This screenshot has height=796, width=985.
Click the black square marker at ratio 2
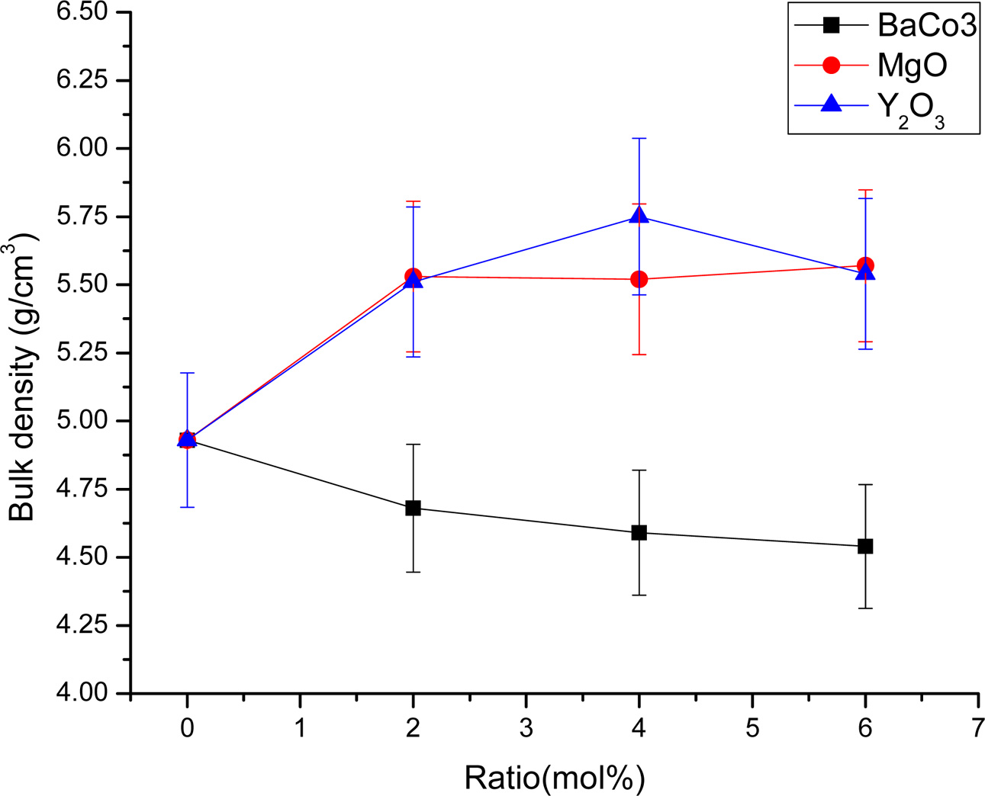click(x=413, y=508)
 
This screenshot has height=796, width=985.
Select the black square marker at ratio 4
click(x=639, y=532)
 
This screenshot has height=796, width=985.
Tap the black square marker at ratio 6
click(x=865, y=546)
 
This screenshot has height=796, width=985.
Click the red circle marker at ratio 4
click(x=639, y=280)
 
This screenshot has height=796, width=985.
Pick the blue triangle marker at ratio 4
click(x=639, y=216)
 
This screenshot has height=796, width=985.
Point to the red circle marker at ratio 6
click(x=865, y=265)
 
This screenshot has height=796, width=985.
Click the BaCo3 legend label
click(x=926, y=26)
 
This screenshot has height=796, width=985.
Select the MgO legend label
click(x=913, y=66)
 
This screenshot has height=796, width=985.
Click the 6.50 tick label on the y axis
click(x=85, y=13)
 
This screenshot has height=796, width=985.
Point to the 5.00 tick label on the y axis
click(x=85, y=421)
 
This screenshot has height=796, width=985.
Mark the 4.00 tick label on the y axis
click(x=85, y=693)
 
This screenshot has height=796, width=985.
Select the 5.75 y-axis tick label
click(x=85, y=217)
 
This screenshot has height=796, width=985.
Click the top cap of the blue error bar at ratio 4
click(x=639, y=138)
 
